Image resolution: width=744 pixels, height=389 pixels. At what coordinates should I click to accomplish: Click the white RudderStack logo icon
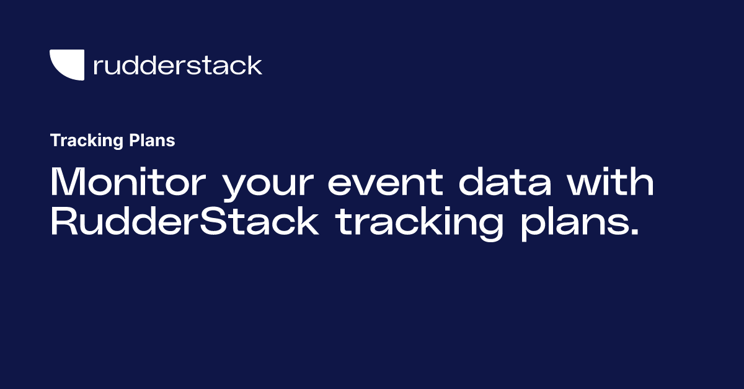[x=66, y=64]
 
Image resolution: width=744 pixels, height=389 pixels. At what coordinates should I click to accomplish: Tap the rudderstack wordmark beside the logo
[x=177, y=65]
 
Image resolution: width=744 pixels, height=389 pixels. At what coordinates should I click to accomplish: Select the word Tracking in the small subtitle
[x=77, y=141]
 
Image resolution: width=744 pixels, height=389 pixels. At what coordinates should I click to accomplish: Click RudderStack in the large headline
[x=185, y=222]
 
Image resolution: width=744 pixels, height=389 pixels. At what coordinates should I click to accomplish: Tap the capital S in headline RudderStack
[x=213, y=222]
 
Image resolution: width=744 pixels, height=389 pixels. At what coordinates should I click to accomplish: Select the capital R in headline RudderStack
[x=63, y=222]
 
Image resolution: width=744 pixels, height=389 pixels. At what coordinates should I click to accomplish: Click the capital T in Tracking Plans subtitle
[x=55, y=141]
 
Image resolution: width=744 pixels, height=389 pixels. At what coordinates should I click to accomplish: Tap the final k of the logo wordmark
[x=255, y=64]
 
